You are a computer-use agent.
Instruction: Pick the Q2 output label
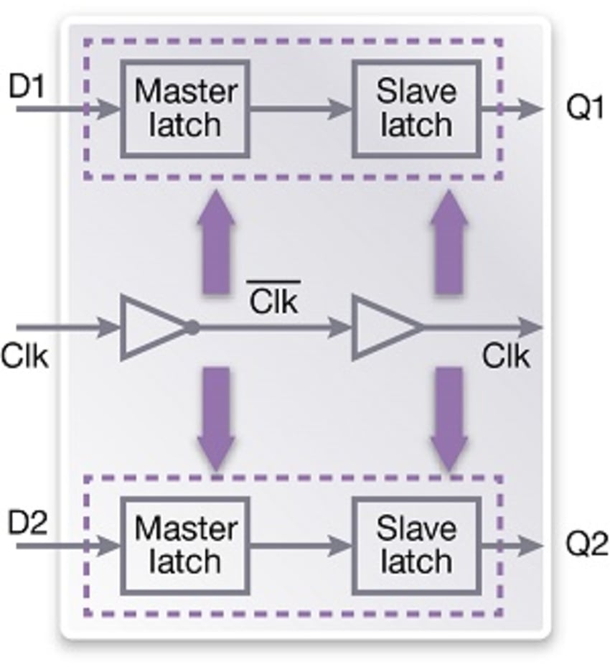click(585, 546)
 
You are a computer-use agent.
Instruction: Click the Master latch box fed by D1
click(185, 108)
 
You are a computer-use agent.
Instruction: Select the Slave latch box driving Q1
click(416, 108)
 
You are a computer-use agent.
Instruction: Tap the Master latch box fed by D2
click(185, 545)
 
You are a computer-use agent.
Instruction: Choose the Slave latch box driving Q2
click(416, 545)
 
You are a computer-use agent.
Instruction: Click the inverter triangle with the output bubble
click(153, 328)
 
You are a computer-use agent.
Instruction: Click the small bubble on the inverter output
click(192, 328)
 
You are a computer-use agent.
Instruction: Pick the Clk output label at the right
click(506, 356)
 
